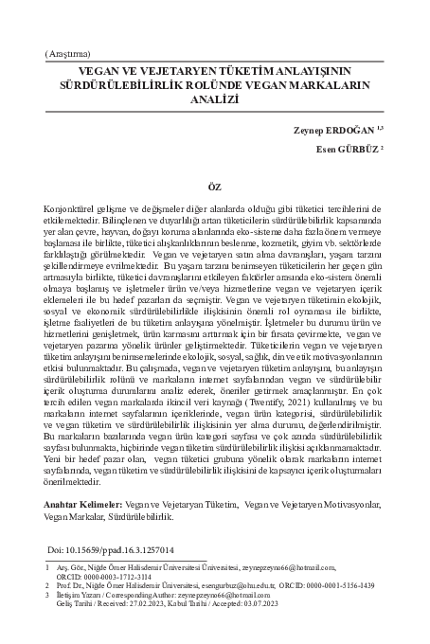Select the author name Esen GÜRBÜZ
tap(348, 148)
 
